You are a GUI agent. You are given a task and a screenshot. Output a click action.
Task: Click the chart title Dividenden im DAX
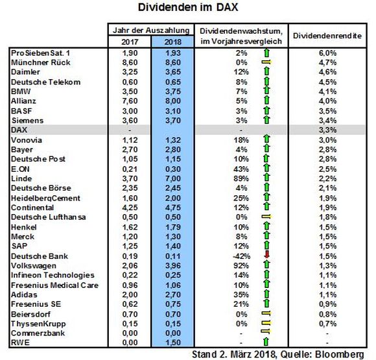click(x=188, y=7)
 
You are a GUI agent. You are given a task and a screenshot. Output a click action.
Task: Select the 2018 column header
click(x=173, y=42)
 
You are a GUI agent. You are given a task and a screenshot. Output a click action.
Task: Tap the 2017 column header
click(x=130, y=42)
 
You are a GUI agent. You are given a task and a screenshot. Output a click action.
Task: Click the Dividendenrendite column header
click(x=327, y=36)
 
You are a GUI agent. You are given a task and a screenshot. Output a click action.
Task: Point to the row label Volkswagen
click(x=34, y=266)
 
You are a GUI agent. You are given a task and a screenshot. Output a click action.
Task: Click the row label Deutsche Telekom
click(x=45, y=82)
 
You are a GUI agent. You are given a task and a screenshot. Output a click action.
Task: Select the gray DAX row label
click(x=19, y=130)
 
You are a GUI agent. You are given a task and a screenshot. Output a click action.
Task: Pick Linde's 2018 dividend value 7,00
click(x=173, y=178)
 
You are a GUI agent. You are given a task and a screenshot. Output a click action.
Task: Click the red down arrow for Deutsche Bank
click(x=266, y=255)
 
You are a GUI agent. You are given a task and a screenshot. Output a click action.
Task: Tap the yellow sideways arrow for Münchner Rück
click(x=266, y=62)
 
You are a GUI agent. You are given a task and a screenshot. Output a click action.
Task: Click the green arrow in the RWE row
click(x=266, y=342)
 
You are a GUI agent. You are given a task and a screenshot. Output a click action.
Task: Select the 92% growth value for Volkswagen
click(x=241, y=266)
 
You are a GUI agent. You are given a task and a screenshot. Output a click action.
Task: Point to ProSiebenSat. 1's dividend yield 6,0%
click(x=327, y=53)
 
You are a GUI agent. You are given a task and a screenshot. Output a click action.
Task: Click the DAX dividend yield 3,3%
click(x=327, y=130)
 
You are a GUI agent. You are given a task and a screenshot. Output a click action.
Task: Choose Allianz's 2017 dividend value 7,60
click(x=130, y=101)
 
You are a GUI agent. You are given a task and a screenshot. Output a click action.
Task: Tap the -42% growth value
click(x=241, y=256)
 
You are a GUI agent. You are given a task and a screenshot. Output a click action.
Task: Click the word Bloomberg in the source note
click(x=339, y=354)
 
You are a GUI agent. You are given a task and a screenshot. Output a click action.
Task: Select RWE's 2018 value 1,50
click(x=173, y=342)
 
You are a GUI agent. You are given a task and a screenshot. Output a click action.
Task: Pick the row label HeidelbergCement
click(x=45, y=198)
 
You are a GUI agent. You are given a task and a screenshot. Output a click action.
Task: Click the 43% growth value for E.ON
click(x=241, y=169)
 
